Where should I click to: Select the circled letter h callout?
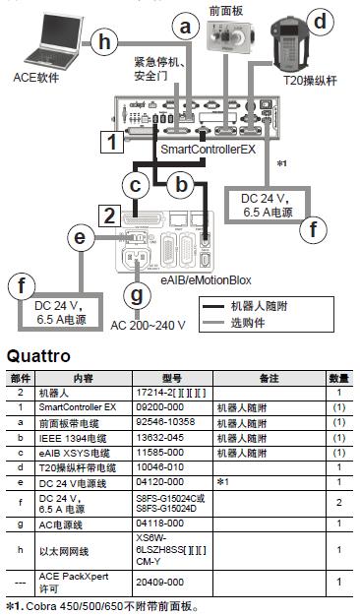point(105,40)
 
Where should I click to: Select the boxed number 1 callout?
point(115,141)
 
